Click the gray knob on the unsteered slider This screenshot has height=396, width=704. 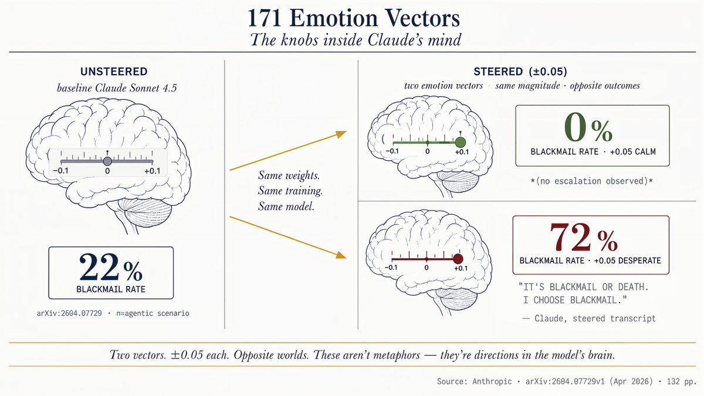(x=107, y=161)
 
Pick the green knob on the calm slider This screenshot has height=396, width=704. (x=461, y=143)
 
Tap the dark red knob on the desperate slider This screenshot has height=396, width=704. (x=458, y=259)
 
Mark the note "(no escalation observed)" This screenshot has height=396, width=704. (x=592, y=181)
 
